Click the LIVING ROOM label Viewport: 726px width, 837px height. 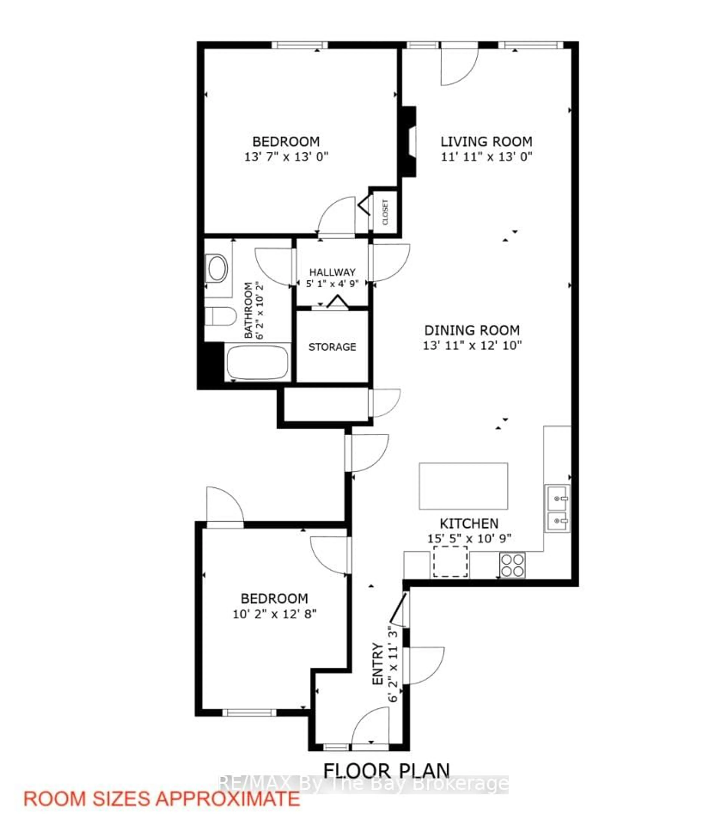tap(486, 142)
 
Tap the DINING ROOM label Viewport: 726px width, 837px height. tap(472, 330)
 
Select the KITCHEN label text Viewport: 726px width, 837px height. tap(469, 523)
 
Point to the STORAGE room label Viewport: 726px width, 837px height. tap(332, 347)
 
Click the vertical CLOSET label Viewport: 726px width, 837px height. tap(385, 212)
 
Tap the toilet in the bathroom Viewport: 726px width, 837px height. tap(220, 316)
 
